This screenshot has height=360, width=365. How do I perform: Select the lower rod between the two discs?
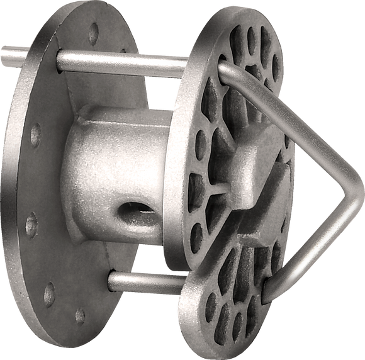pyautogui.click(x=145, y=283)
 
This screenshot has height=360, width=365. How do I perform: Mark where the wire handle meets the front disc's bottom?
pyautogui.click(x=269, y=291)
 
